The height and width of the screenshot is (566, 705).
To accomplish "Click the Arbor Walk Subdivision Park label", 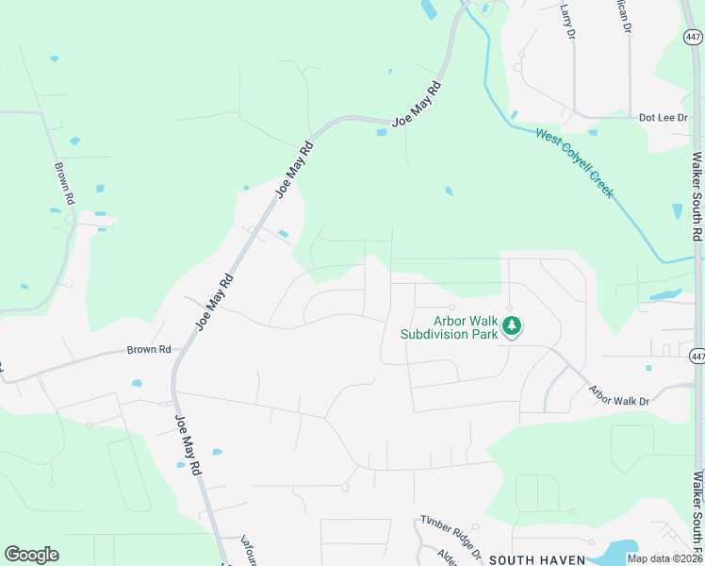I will pos(449,327).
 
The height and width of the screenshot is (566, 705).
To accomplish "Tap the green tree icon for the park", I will pos(512,326).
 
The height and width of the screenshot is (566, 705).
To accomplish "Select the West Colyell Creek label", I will pos(575,162).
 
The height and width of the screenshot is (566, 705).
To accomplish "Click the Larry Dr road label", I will pos(567,20).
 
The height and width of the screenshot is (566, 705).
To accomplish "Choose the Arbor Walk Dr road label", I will pos(619,395).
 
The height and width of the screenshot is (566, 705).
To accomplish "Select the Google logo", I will pos(31,555).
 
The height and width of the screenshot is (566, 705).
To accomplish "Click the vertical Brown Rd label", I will pos(64,185).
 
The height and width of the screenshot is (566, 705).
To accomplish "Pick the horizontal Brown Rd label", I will pos(149,350).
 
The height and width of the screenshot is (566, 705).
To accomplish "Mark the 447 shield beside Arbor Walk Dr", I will pos(697,356).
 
